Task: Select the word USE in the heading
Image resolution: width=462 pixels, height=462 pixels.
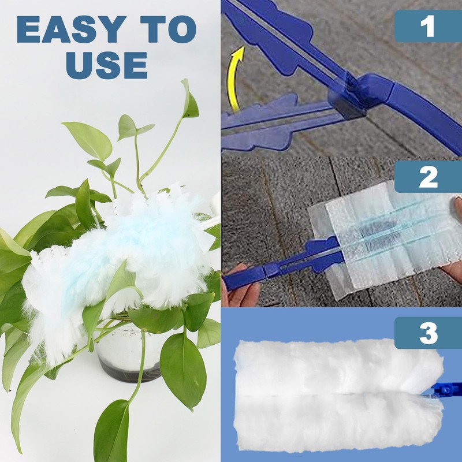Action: pyautogui.click(x=106, y=65)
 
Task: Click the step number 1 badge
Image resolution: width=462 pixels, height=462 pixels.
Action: pyautogui.click(x=428, y=26)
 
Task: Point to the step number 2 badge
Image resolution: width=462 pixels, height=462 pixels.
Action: pyautogui.click(x=428, y=177)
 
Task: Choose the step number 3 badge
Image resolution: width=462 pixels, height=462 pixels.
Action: pyautogui.click(x=428, y=333)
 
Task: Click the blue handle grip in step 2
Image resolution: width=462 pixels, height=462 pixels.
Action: pyautogui.click(x=248, y=278)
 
